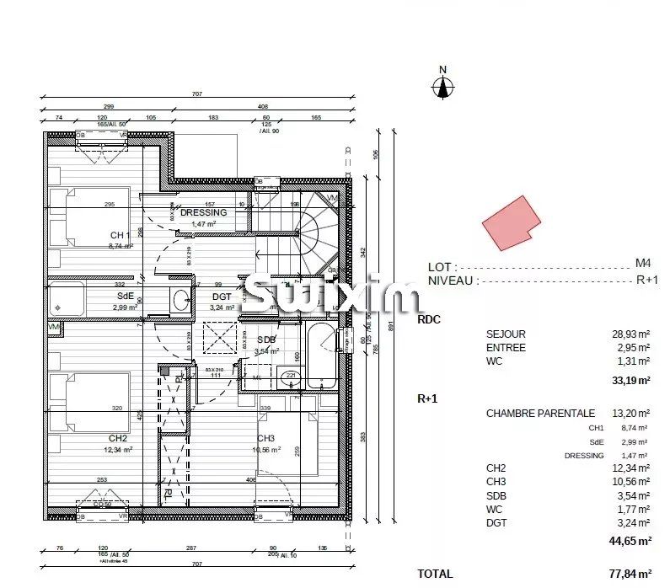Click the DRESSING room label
203,213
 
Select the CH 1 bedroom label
119,235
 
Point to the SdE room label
123,297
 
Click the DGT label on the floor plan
222,297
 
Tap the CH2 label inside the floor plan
117,439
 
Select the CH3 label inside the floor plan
266,438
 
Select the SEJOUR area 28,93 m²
630,334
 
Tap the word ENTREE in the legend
506,348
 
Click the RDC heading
429,320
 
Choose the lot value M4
642,264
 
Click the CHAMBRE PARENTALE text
540,414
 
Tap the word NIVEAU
452,281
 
